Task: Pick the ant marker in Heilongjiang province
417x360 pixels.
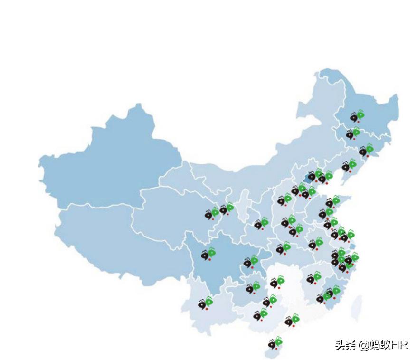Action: pos(357,116)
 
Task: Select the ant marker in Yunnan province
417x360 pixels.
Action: pos(206,302)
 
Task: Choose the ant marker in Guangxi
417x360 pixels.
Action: pos(261,314)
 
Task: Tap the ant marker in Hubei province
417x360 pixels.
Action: pos(283,248)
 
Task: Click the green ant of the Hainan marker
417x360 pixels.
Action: pos(279,341)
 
